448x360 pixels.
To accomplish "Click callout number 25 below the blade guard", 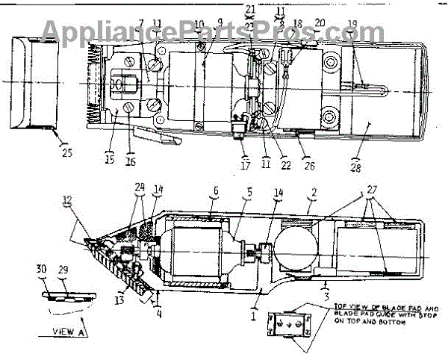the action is (x=66, y=154).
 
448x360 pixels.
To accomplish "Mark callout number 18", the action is (x=297, y=24).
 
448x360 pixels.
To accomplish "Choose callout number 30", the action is (x=42, y=267).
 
